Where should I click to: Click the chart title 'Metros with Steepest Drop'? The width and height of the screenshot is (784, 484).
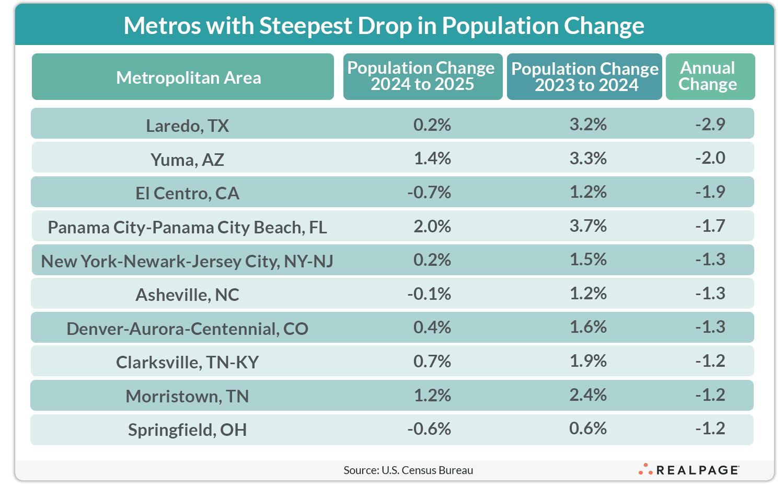(384, 25)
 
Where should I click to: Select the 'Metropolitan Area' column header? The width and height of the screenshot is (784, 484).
(188, 77)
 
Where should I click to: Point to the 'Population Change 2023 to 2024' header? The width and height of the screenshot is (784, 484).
(585, 77)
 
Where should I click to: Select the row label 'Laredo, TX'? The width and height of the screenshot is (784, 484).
(187, 126)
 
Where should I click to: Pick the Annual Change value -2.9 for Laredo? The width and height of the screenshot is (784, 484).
(710, 124)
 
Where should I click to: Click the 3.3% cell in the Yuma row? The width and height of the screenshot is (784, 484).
(588, 158)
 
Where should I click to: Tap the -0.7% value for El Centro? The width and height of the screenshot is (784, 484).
(429, 192)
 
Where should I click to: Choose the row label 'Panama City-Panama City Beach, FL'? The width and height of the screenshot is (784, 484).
(187, 227)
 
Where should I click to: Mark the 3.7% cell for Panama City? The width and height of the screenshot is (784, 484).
(588, 226)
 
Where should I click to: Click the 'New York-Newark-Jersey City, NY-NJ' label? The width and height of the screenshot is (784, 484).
(187, 261)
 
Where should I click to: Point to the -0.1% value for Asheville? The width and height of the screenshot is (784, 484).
(429, 294)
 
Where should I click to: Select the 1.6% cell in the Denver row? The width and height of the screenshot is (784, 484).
(588, 327)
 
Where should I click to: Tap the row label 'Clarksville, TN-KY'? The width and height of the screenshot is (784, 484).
(187, 362)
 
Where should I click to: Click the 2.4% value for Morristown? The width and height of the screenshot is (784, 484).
(588, 395)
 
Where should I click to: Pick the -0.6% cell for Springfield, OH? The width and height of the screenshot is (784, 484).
(429, 429)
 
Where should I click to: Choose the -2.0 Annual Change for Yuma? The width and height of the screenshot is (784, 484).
(710, 157)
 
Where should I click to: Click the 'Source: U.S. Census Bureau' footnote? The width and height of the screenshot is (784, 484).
(408, 470)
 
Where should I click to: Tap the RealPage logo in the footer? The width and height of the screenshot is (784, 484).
(689, 469)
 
